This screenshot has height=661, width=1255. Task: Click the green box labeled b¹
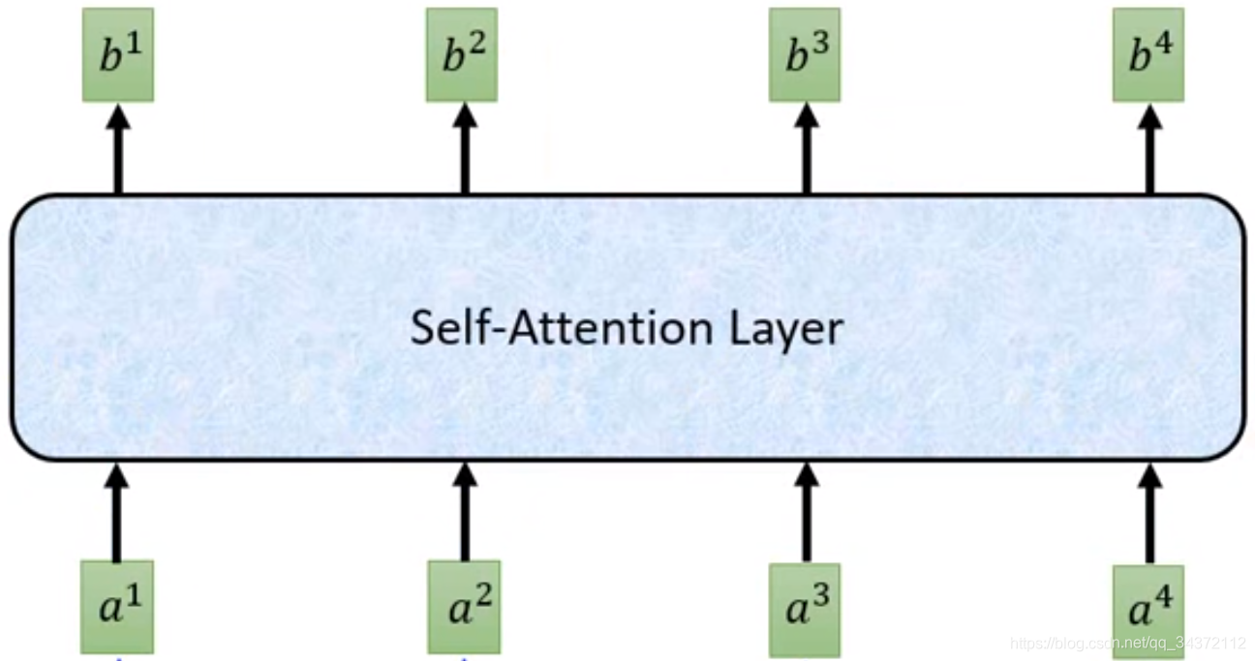(x=117, y=55)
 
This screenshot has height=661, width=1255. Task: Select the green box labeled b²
(x=462, y=55)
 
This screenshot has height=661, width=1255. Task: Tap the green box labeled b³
(x=805, y=55)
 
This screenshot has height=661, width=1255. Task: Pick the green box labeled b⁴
(x=1148, y=55)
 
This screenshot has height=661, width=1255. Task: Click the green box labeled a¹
(x=116, y=606)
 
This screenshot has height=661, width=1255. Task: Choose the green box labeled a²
(x=464, y=606)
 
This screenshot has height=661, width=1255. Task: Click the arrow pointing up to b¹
(x=118, y=150)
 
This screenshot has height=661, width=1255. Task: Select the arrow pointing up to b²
(x=465, y=150)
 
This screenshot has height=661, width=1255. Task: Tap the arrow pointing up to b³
(x=806, y=150)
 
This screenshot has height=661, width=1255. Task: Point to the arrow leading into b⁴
(x=1149, y=150)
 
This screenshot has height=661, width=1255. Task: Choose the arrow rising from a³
(x=806, y=513)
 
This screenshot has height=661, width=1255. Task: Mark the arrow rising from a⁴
(x=1149, y=513)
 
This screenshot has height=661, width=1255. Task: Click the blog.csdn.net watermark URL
(x=1127, y=644)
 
